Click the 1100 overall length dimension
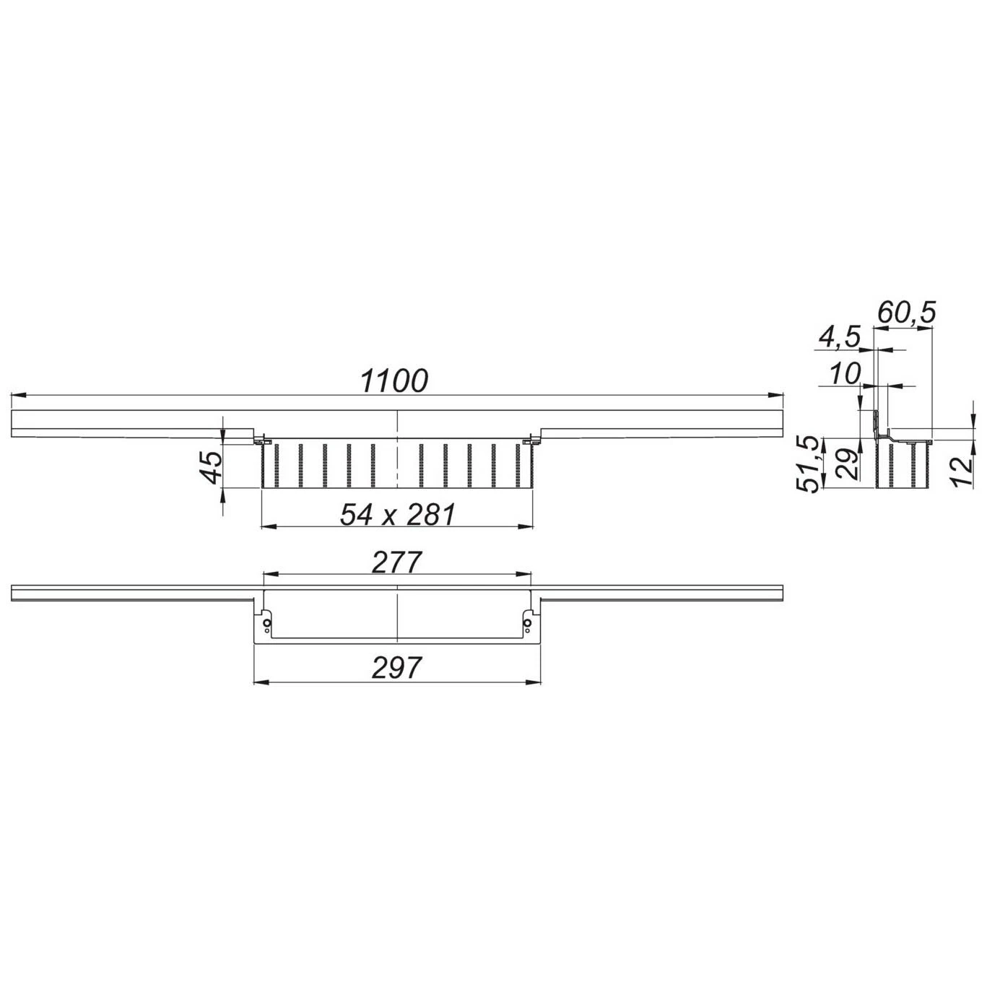click(x=394, y=381)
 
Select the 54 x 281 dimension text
click(x=397, y=515)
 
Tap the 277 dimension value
click(x=396, y=562)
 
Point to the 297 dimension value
click(x=397, y=667)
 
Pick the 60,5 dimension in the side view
click(x=906, y=313)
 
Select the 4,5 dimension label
click(x=838, y=339)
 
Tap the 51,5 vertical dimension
click(x=809, y=464)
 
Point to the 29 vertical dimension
click(x=848, y=464)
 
